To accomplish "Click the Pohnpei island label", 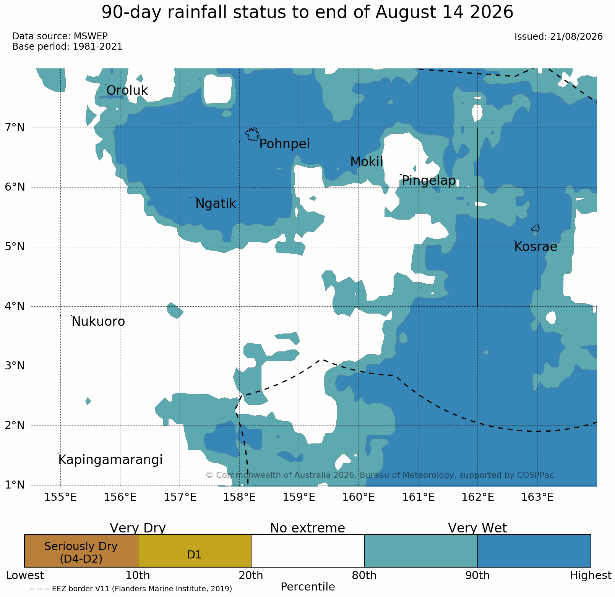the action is (284, 144).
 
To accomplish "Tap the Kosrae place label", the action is (535, 247).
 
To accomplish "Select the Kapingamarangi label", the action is (110, 460).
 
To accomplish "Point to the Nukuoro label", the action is (98, 322).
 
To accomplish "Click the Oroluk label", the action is (127, 91).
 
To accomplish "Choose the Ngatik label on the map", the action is (216, 204).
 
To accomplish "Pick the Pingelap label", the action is (429, 181).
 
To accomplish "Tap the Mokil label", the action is (366, 162).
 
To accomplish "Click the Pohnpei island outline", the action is (252, 134).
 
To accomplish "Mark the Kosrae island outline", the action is (535, 228).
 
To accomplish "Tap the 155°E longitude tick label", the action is (60, 497).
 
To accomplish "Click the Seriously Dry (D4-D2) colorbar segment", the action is (81, 550).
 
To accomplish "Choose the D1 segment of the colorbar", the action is (195, 550).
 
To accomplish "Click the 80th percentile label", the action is (364, 575).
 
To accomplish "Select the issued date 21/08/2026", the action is (576, 37).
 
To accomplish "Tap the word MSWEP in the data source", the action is (91, 36).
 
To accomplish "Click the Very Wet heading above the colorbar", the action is (477, 528).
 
